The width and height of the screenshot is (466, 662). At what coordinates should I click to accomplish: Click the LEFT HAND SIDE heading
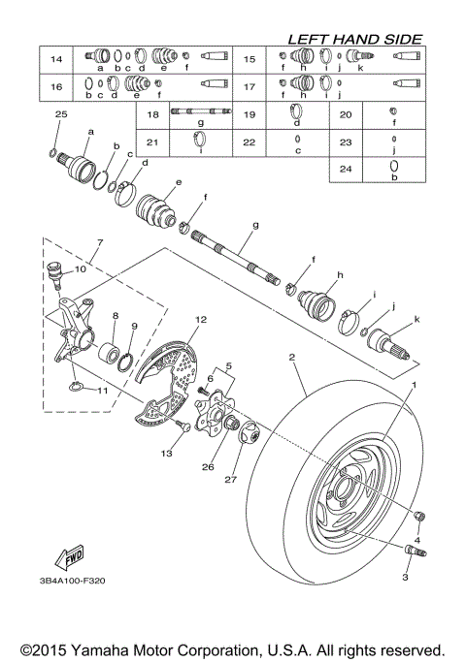coord(354,39)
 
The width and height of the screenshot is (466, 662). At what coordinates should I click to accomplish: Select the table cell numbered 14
coord(56,60)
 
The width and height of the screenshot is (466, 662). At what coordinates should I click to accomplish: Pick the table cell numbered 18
coord(152,114)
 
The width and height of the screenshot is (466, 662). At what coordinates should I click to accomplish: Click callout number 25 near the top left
coord(61,114)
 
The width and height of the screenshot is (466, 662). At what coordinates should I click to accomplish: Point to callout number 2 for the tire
coord(290,358)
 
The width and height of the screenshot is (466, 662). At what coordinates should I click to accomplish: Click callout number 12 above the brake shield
coord(201,319)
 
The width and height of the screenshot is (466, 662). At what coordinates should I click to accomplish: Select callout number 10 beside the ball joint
coord(80,269)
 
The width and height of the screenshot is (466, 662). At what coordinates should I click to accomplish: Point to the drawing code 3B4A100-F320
coord(75,581)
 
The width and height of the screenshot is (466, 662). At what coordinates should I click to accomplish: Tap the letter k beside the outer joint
coord(417,319)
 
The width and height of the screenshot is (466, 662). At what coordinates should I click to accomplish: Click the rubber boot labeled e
coord(156,212)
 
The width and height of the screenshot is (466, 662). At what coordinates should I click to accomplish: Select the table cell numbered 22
coord(248,142)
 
